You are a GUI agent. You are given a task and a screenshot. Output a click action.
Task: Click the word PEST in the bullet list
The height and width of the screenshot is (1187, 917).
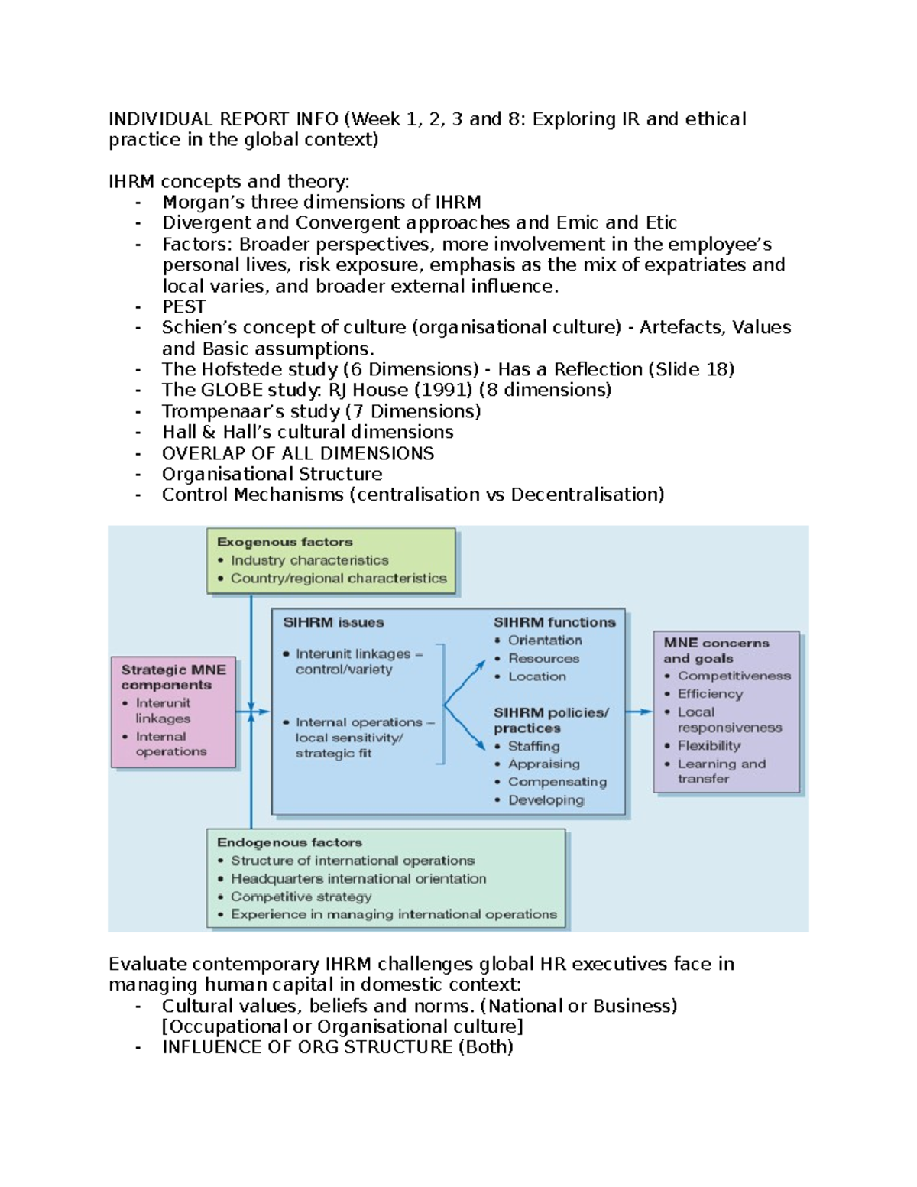[183, 306]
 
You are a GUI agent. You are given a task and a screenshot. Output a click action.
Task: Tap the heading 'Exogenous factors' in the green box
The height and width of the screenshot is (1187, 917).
[284, 542]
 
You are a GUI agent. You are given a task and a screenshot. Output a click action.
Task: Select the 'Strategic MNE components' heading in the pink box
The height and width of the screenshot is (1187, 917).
[173, 677]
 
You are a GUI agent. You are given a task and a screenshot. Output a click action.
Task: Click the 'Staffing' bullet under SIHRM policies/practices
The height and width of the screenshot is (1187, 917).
[533, 746]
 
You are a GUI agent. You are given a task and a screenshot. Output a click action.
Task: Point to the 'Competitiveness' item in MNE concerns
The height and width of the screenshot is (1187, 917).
[734, 676]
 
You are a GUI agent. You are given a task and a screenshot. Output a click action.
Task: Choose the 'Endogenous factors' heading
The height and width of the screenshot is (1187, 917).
[289, 842]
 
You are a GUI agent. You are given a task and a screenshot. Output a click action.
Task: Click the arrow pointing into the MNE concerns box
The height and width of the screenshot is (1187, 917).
[640, 712]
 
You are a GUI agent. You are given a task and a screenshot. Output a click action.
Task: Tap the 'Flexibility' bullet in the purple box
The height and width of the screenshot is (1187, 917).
[708, 745]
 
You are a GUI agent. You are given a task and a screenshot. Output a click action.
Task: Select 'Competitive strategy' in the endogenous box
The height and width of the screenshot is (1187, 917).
[301, 897]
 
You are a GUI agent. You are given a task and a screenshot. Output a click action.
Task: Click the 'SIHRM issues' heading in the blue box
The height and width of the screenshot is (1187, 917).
[333, 622]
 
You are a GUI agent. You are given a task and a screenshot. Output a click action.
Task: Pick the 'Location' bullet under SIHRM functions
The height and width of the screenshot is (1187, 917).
[536, 676]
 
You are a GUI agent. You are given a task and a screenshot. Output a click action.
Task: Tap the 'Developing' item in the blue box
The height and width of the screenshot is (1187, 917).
[546, 800]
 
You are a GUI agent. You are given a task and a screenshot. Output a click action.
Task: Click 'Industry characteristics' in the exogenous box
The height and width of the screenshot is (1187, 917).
[309, 560]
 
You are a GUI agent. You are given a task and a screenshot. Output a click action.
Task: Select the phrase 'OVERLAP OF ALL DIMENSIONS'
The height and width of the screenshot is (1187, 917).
[298, 453]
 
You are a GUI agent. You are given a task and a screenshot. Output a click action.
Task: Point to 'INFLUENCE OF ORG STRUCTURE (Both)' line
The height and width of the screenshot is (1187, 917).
[337, 1047]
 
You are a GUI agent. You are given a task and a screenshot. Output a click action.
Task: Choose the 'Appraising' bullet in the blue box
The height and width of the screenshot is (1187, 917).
[543, 764]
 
